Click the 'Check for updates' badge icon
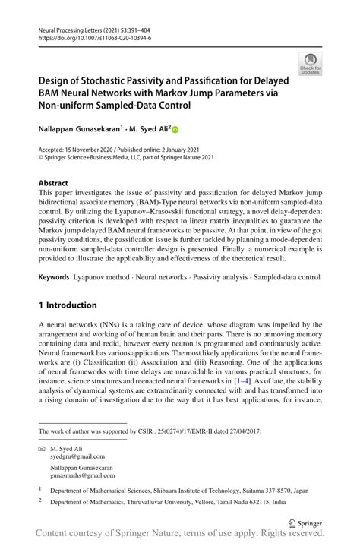pos(309,65)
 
